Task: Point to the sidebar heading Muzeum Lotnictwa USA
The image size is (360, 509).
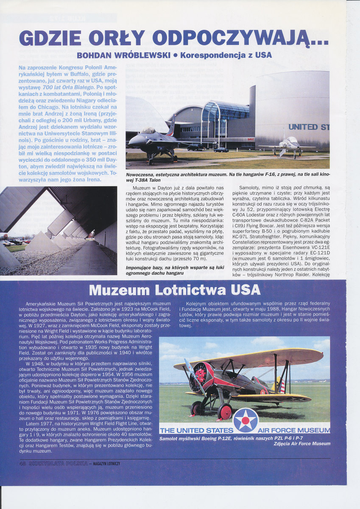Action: pos(175,290)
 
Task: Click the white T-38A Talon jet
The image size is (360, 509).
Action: pos(290,144)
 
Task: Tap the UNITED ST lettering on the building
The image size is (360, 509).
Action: pos(309,127)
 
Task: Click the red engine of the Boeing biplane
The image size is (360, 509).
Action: pos(199,374)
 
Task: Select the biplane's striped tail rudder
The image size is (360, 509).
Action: pos(282,386)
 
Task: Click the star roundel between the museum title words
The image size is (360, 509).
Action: pos(246,420)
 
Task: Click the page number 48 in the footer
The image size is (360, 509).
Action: pos(23,464)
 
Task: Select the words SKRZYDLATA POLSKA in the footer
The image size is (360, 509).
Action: pos(58,464)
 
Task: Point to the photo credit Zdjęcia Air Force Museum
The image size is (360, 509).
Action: pos(302,444)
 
